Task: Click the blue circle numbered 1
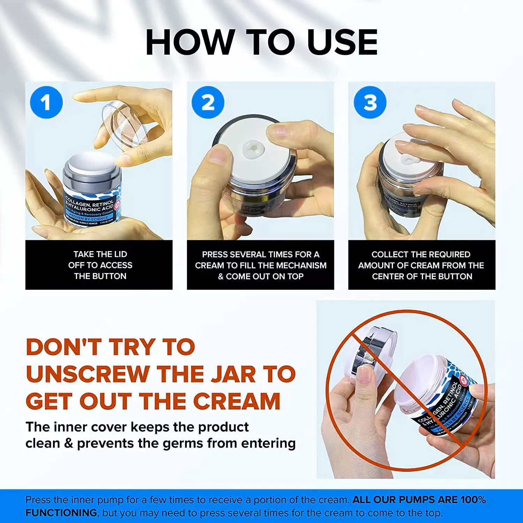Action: coord(46,102)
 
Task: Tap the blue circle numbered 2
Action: coord(208,102)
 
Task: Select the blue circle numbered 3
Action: coord(370,102)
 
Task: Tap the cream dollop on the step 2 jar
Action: coord(254,150)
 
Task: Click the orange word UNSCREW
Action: coord(88,374)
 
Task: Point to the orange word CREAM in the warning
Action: coord(237,401)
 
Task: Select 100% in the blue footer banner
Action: coord(473,500)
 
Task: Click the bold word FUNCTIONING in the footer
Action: coord(61,513)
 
